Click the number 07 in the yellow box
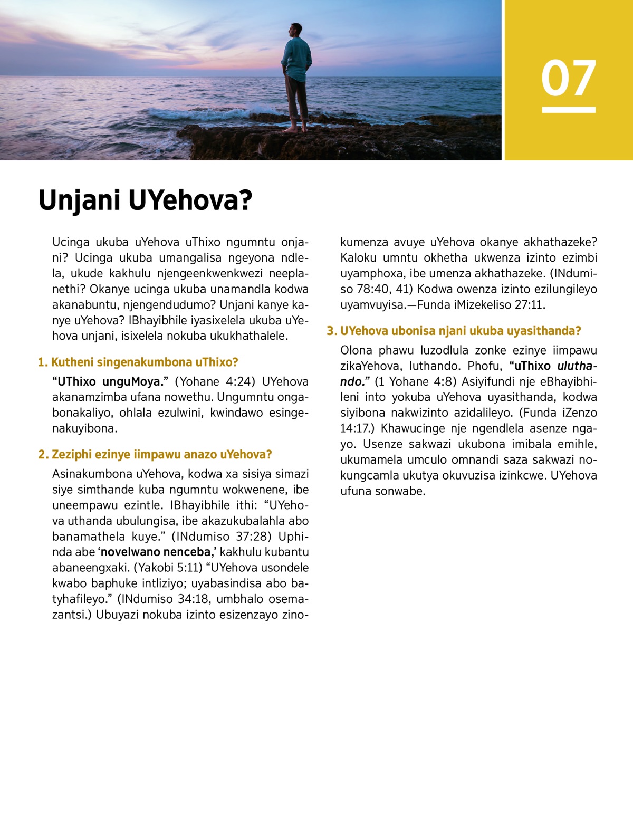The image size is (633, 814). [568, 78]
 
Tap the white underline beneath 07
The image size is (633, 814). [568, 110]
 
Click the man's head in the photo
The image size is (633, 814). [296, 30]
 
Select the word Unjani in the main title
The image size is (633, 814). [79, 200]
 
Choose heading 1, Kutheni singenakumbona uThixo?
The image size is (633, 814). [138, 362]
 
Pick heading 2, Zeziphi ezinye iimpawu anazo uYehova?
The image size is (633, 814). [155, 455]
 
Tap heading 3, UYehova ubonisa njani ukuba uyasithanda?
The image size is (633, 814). [454, 331]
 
